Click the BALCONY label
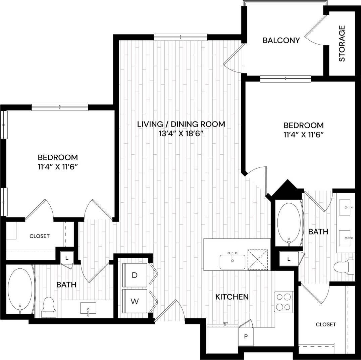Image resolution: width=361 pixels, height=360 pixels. coord(281,41)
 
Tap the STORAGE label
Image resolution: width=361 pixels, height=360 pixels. coord(342,44)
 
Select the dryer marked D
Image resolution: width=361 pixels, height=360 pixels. coord(135,275)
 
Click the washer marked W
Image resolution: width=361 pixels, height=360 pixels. coord(135,301)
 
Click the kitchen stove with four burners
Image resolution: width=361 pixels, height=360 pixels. coord(283,302)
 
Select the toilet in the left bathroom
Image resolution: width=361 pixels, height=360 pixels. coord(49,307)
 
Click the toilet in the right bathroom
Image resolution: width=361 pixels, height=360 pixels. coord(344,267)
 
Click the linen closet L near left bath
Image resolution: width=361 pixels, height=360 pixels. coord(67,258)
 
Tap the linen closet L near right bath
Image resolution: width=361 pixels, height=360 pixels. coord(289,259)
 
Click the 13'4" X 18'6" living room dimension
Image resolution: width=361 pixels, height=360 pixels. coord(181,134)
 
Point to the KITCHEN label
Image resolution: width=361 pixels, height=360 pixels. coord(232,297)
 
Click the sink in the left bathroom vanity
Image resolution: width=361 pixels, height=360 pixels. coord(88,308)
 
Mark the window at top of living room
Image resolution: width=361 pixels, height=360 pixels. coord(180,37)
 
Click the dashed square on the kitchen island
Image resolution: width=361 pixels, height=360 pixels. coord(257,259)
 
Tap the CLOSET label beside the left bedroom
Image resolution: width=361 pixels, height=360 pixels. coord(40,236)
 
